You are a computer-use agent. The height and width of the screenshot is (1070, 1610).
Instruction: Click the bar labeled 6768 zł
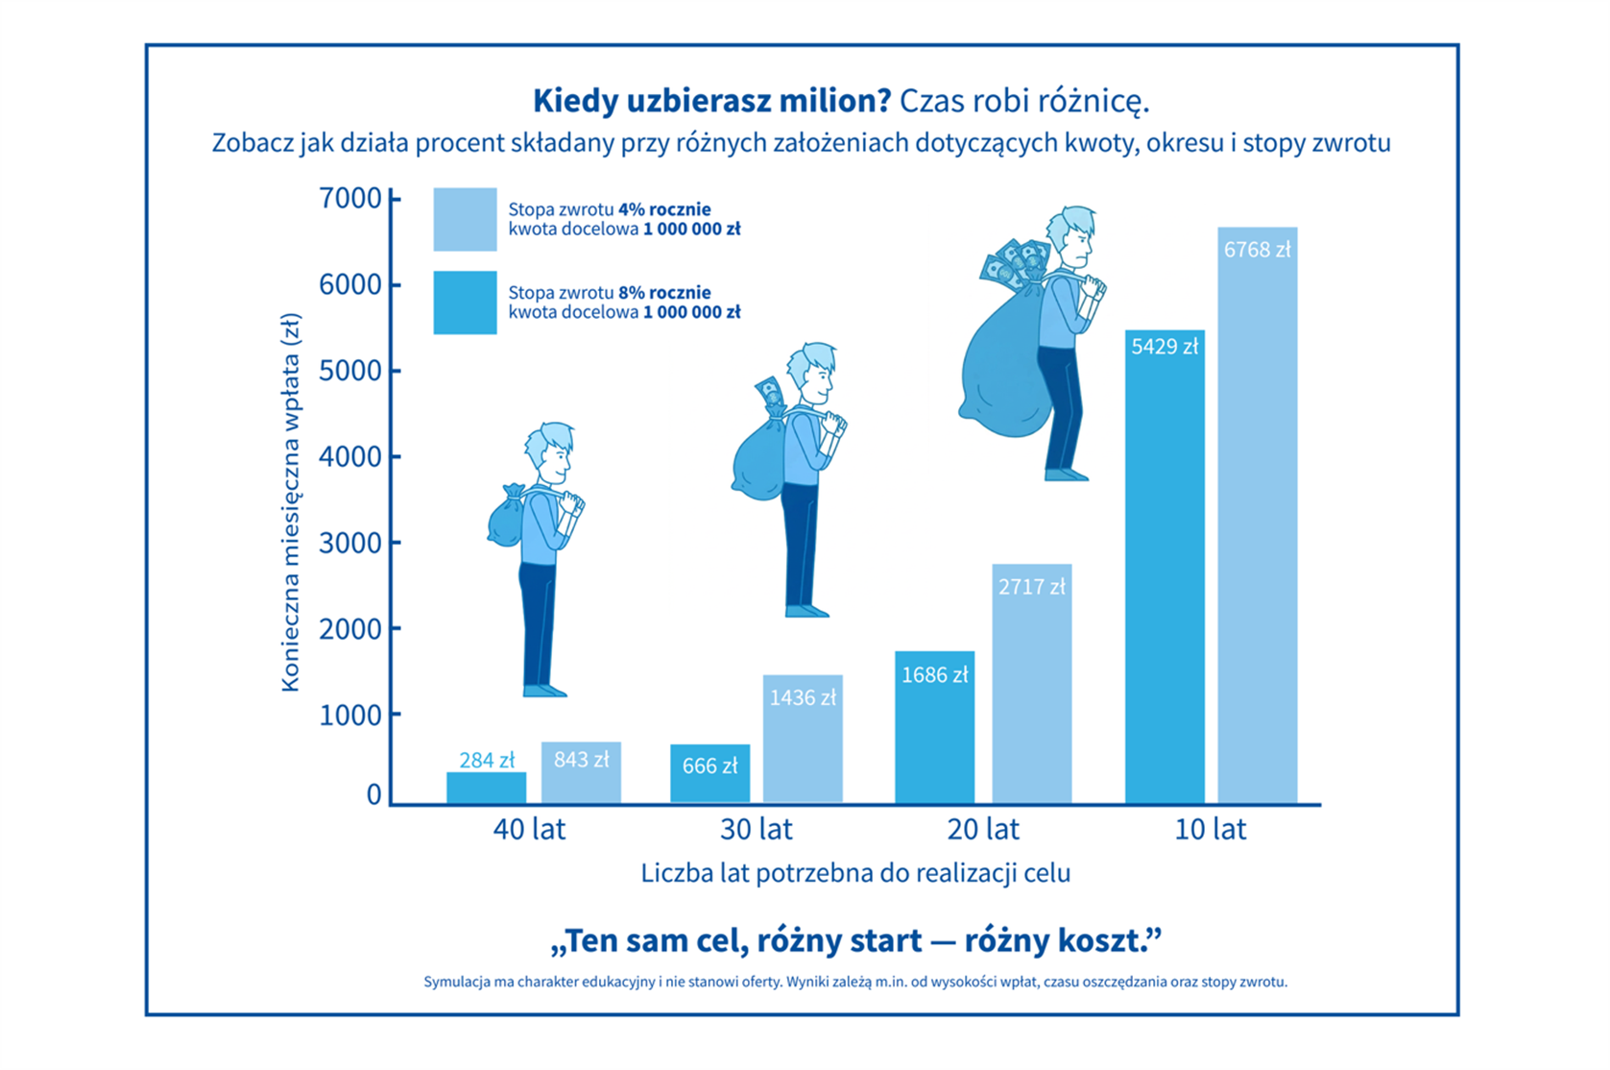coord(1257,519)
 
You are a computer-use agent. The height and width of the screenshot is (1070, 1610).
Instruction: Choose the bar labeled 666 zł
coord(709,774)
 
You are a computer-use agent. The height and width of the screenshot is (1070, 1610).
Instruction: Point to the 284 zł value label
coord(487,761)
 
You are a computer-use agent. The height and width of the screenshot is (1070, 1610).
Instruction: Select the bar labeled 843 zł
coord(581,774)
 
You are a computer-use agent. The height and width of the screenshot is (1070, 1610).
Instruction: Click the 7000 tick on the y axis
coord(350,199)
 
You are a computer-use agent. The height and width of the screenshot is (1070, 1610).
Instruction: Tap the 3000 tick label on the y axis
coord(350,543)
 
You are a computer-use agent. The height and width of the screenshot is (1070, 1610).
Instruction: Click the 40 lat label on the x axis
coord(529,829)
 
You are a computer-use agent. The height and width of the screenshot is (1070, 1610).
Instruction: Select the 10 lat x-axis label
coord(1210,829)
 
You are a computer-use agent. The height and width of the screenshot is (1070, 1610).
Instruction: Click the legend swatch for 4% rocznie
coord(465,219)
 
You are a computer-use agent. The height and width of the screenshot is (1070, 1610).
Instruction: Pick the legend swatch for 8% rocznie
coord(465,303)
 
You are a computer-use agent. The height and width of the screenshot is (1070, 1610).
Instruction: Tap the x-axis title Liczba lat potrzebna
coord(854,873)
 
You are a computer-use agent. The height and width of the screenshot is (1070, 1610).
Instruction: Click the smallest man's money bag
coord(506,522)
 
